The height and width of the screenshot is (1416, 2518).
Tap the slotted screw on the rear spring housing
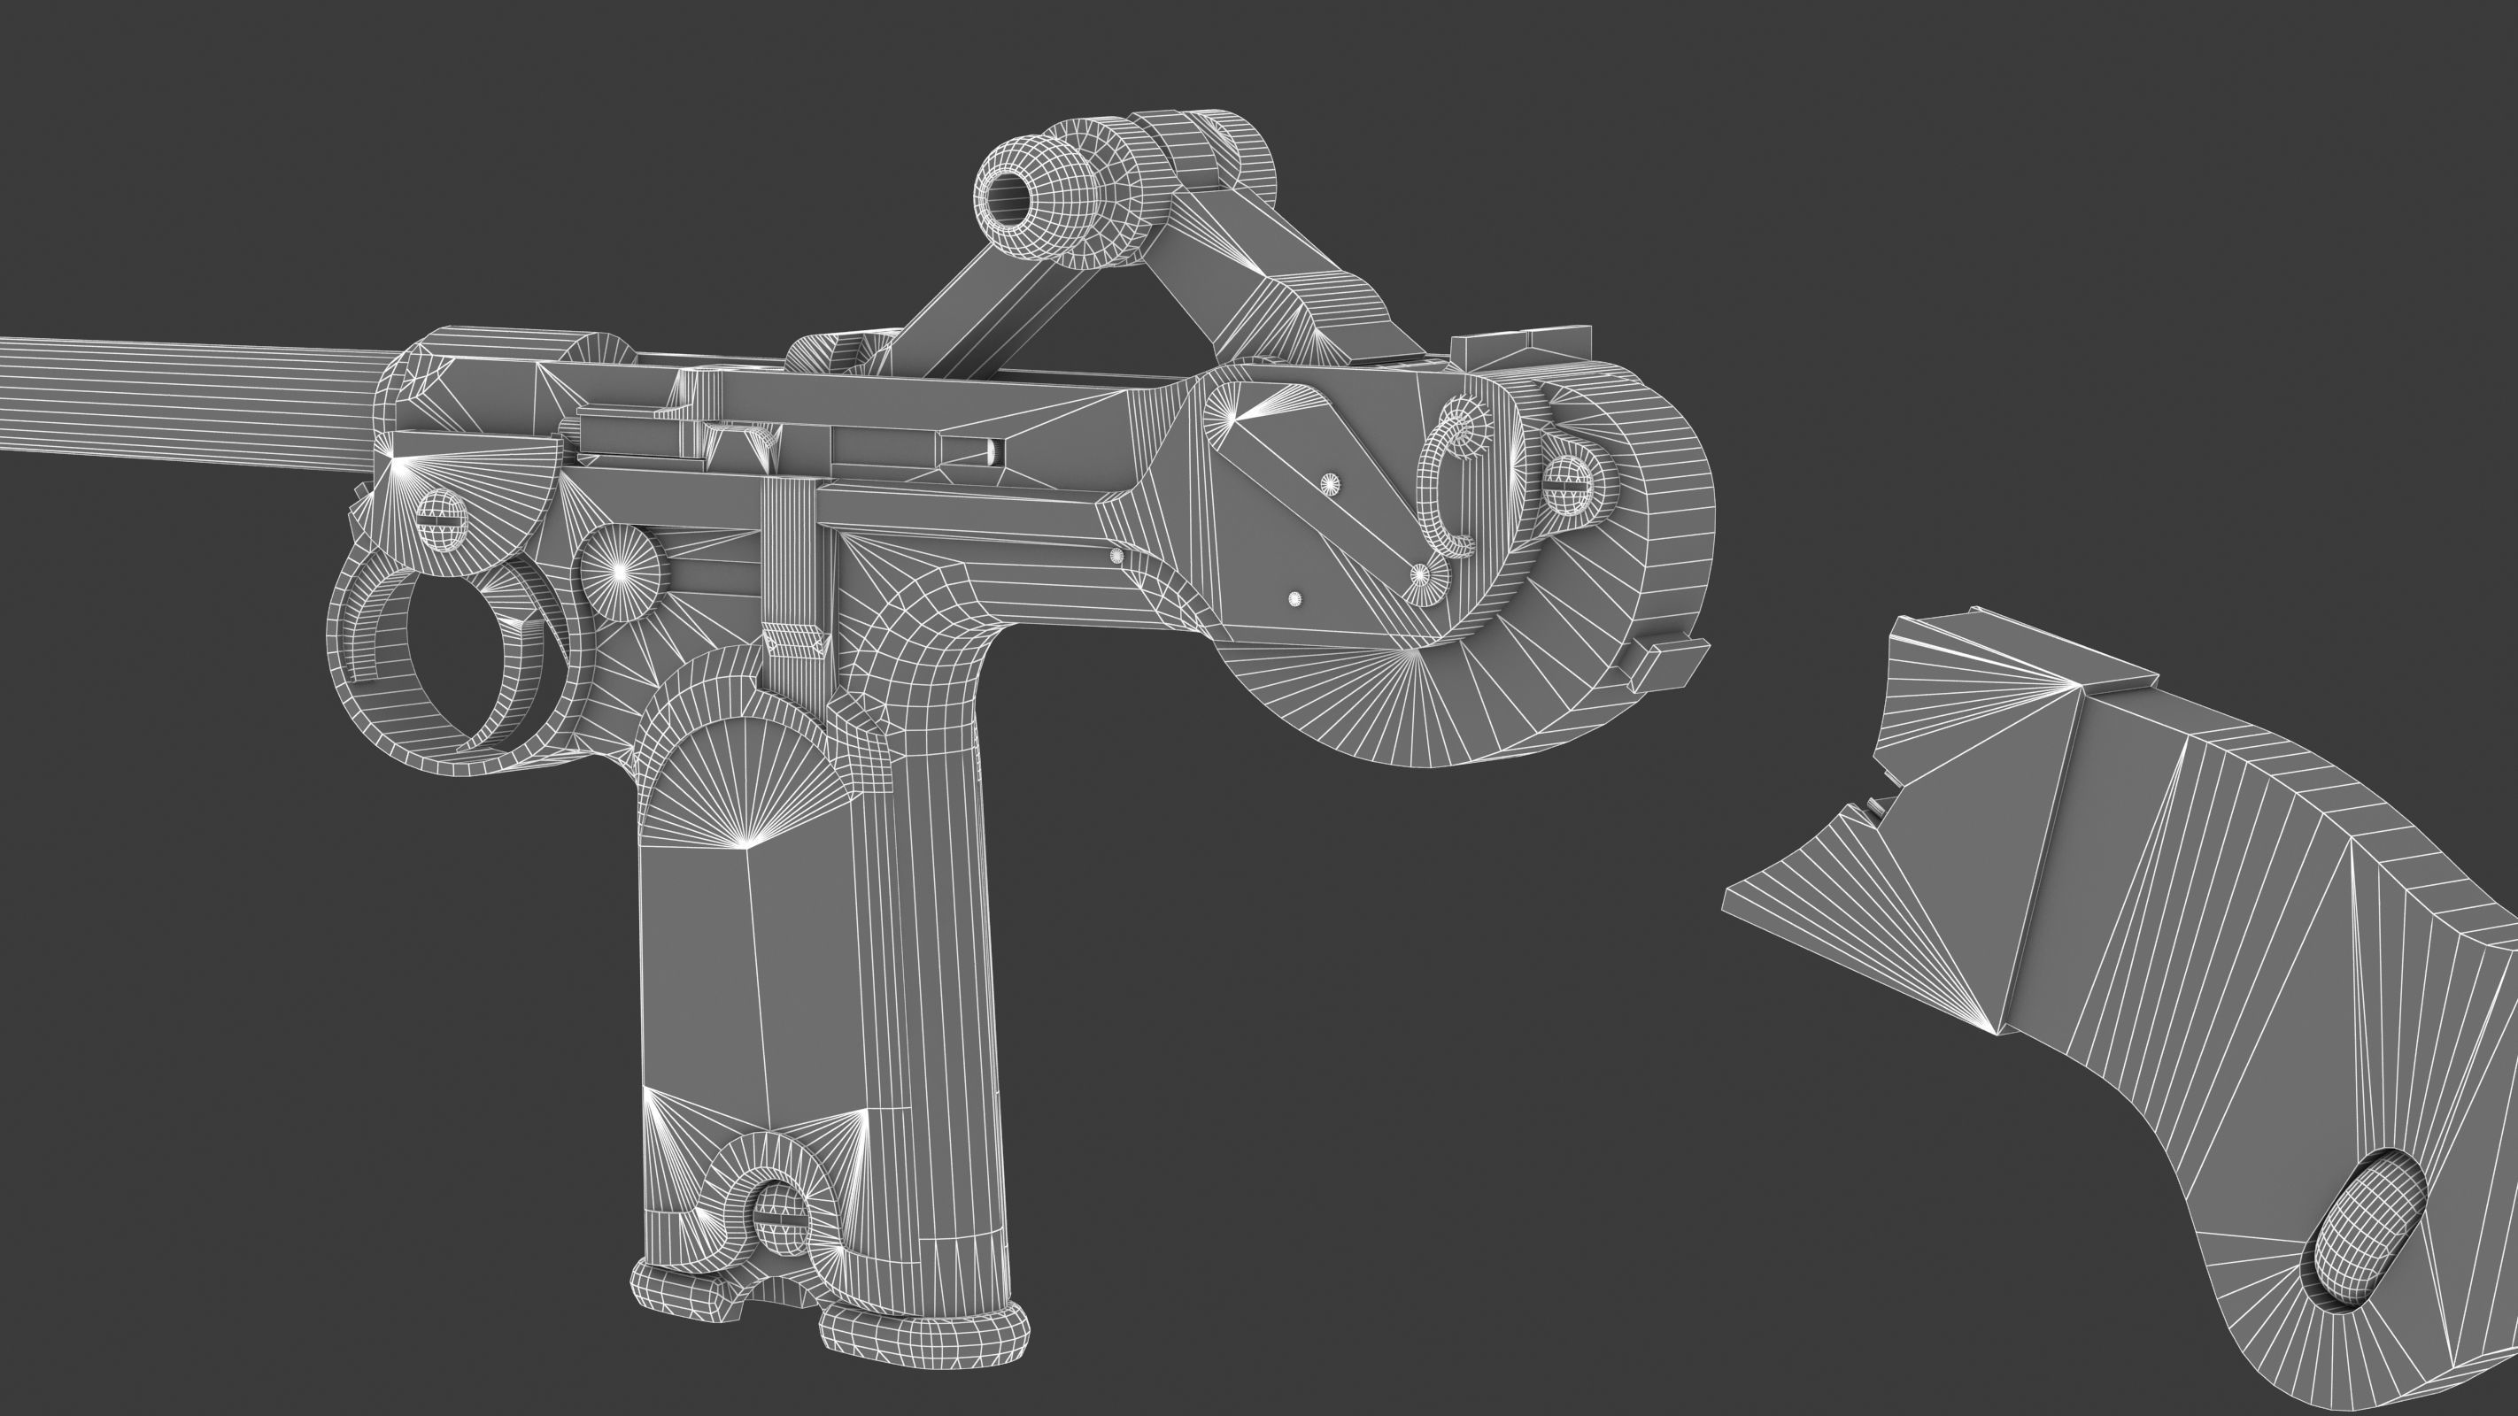pos(1568,482)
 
